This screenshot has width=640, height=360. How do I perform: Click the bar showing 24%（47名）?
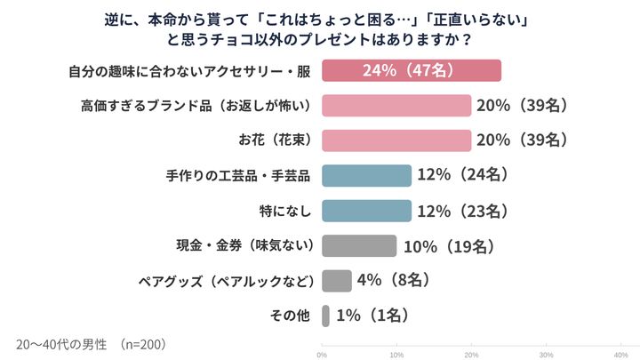(x=411, y=71)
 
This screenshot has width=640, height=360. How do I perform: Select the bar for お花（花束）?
(x=396, y=140)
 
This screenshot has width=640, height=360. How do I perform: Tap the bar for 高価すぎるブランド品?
(x=396, y=106)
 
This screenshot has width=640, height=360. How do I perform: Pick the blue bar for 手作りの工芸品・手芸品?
(x=366, y=176)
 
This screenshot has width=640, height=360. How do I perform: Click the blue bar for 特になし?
(x=366, y=211)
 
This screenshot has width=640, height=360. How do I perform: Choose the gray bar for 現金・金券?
(x=358, y=245)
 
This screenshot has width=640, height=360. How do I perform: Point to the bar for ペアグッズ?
(x=336, y=281)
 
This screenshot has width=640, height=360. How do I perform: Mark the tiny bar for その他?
(x=325, y=316)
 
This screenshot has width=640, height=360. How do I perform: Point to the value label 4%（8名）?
(x=394, y=281)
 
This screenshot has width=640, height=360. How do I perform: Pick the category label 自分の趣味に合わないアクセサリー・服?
(x=189, y=71)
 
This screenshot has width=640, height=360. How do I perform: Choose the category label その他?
(x=288, y=316)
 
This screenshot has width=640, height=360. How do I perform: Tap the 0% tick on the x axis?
(x=322, y=353)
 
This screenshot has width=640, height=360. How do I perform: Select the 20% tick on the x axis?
(x=471, y=353)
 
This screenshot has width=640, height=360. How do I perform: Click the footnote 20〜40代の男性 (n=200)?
(x=91, y=343)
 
